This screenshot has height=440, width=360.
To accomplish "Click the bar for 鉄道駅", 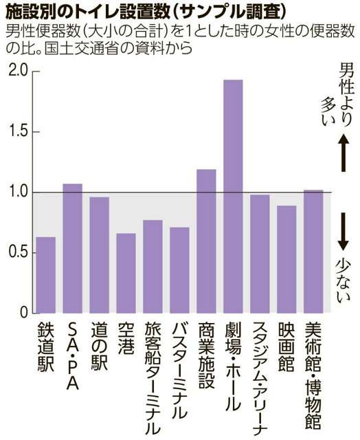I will (45, 275).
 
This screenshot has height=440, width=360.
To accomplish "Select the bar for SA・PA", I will (72, 248).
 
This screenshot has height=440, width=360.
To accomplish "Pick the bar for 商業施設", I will (206, 241).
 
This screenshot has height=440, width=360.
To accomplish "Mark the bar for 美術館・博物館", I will (313, 252).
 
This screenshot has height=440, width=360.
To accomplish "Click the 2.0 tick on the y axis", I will (16, 71).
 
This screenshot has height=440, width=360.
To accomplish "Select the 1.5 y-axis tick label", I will (16, 132).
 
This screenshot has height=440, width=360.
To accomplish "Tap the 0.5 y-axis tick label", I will (16, 252).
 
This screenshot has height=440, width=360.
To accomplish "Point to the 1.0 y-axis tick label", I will (16, 192).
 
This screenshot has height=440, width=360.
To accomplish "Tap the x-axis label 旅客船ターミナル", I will (153, 375).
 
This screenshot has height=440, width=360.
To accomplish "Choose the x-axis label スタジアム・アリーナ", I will (260, 377).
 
